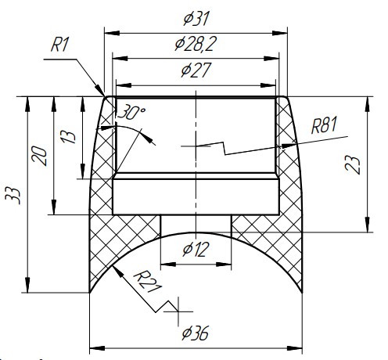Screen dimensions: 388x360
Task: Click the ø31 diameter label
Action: coord(196,19)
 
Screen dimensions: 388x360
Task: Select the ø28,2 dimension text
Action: coord(196,44)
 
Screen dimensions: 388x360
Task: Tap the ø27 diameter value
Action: coord(196,70)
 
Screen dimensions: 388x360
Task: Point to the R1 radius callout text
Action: coord(60,45)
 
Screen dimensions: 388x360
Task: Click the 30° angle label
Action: coord(131,112)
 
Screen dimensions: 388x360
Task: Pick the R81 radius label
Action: coord(324,125)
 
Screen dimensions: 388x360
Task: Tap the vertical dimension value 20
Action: coord(39,156)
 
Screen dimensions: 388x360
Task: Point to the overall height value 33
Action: coord(13,196)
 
